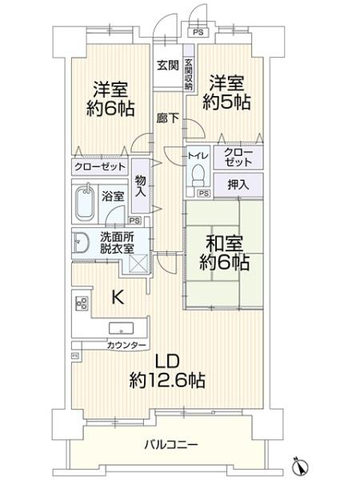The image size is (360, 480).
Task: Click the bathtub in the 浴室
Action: [x=86, y=203]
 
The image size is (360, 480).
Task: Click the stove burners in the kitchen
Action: [x=81, y=302]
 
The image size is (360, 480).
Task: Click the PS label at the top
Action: [x=197, y=33]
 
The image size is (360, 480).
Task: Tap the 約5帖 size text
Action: [x=226, y=101]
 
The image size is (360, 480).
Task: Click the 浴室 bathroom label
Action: [x=113, y=194]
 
